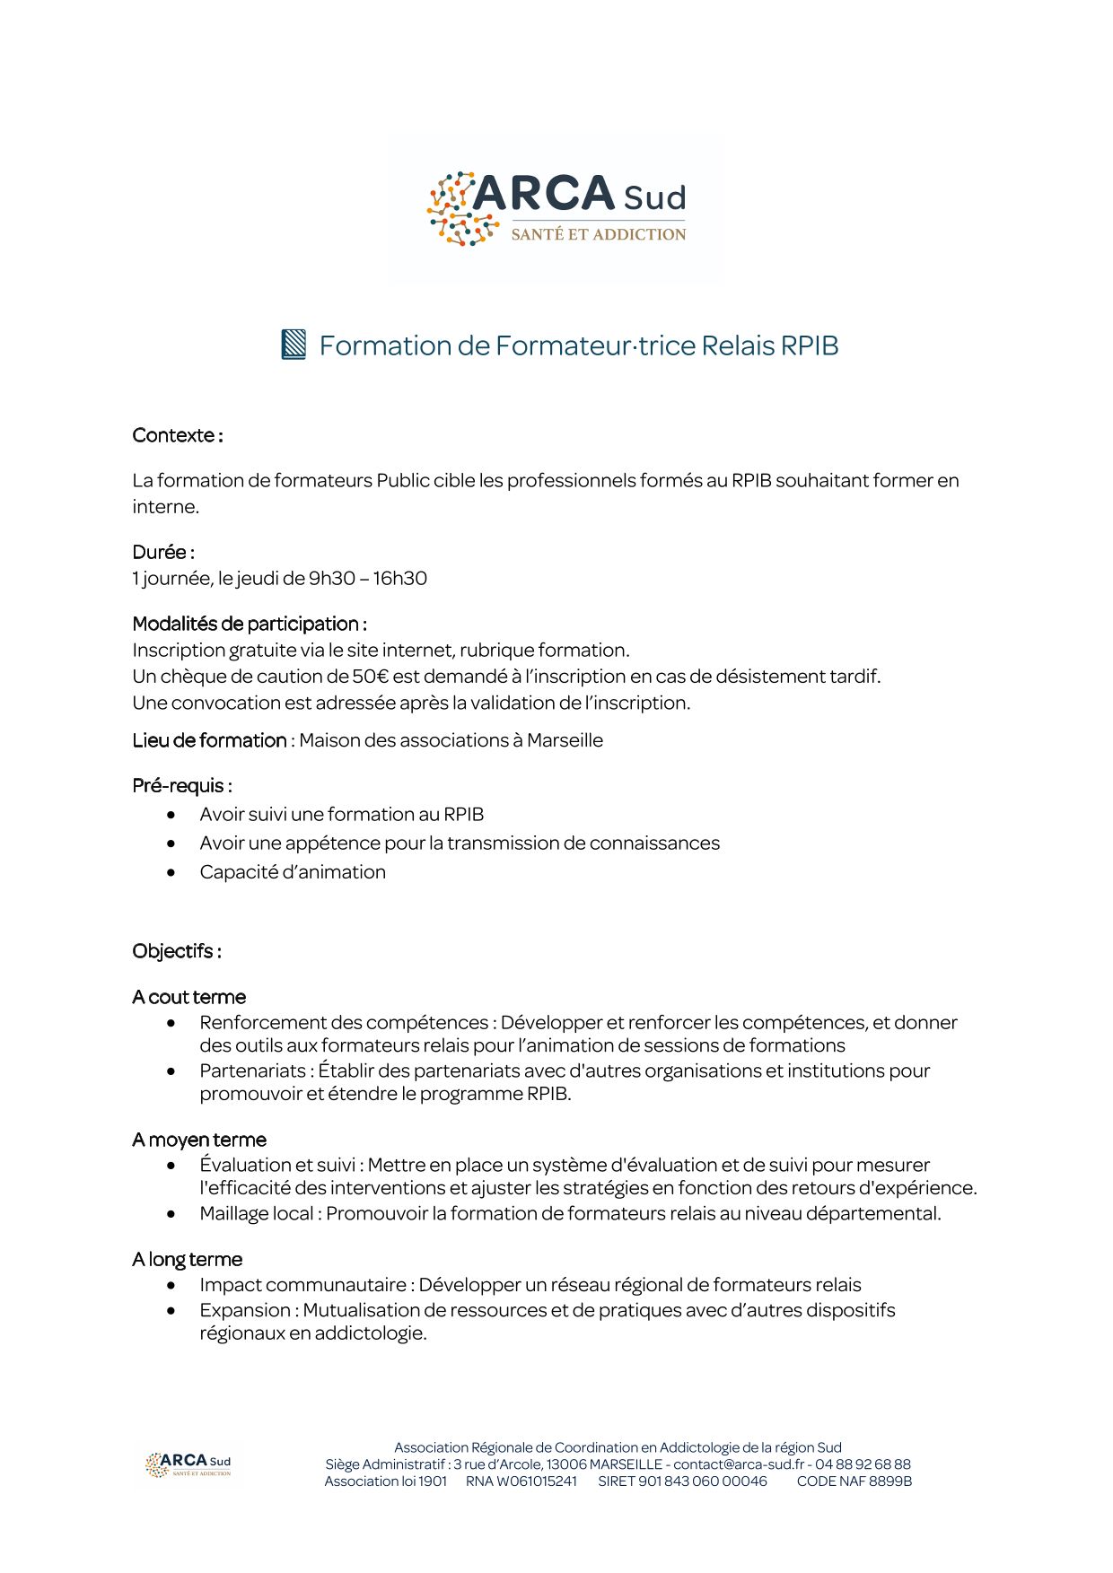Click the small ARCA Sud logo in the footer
[188, 1464]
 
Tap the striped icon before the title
[294, 345]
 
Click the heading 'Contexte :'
[178, 436]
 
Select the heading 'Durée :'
[163, 552]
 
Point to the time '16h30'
[400, 579]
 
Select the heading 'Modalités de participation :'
[250, 624]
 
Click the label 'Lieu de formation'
[209, 741]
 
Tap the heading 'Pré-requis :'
[182, 786]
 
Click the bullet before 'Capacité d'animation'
[171, 872]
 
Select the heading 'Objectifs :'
[177, 951]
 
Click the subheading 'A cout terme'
[188, 998]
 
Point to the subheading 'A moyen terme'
[199, 1140]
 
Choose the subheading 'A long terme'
[187, 1260]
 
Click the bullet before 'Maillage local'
[171, 1214]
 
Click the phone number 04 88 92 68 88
[863, 1464]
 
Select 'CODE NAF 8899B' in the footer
[854, 1481]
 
